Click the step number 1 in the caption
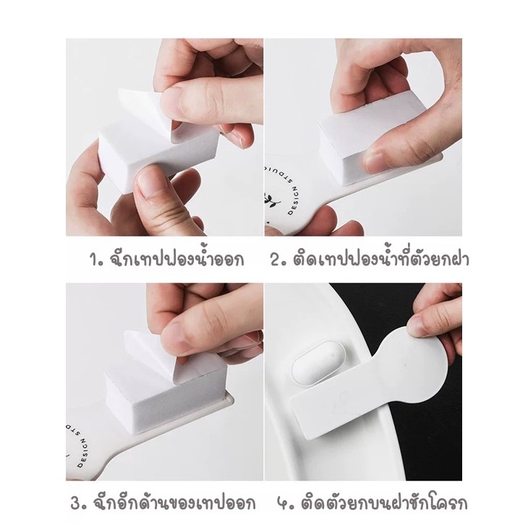[x=94, y=260]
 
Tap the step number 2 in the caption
[x=276, y=260]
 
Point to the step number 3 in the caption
[x=76, y=504]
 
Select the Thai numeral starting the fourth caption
[x=282, y=505]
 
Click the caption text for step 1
[x=176, y=259]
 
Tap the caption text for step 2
[x=381, y=258]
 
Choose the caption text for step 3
[x=173, y=503]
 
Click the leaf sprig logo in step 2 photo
[x=271, y=201]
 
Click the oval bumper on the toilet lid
[x=317, y=362]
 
